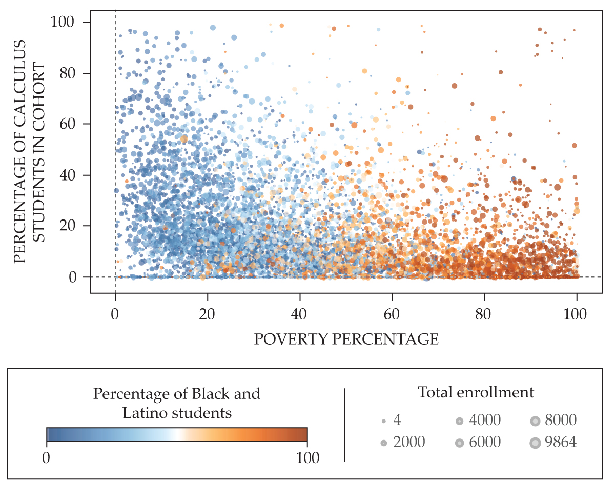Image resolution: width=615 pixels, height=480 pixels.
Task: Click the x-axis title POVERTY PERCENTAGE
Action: click(x=346, y=339)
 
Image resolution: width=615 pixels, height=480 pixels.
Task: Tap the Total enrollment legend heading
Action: click(x=476, y=393)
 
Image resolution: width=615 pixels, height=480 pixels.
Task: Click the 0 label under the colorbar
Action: click(x=47, y=457)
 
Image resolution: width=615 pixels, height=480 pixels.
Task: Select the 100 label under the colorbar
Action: click(x=307, y=457)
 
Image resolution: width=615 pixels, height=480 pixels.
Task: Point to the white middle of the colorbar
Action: click(x=177, y=434)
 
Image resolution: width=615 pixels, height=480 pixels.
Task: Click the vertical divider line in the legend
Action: click(x=344, y=425)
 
